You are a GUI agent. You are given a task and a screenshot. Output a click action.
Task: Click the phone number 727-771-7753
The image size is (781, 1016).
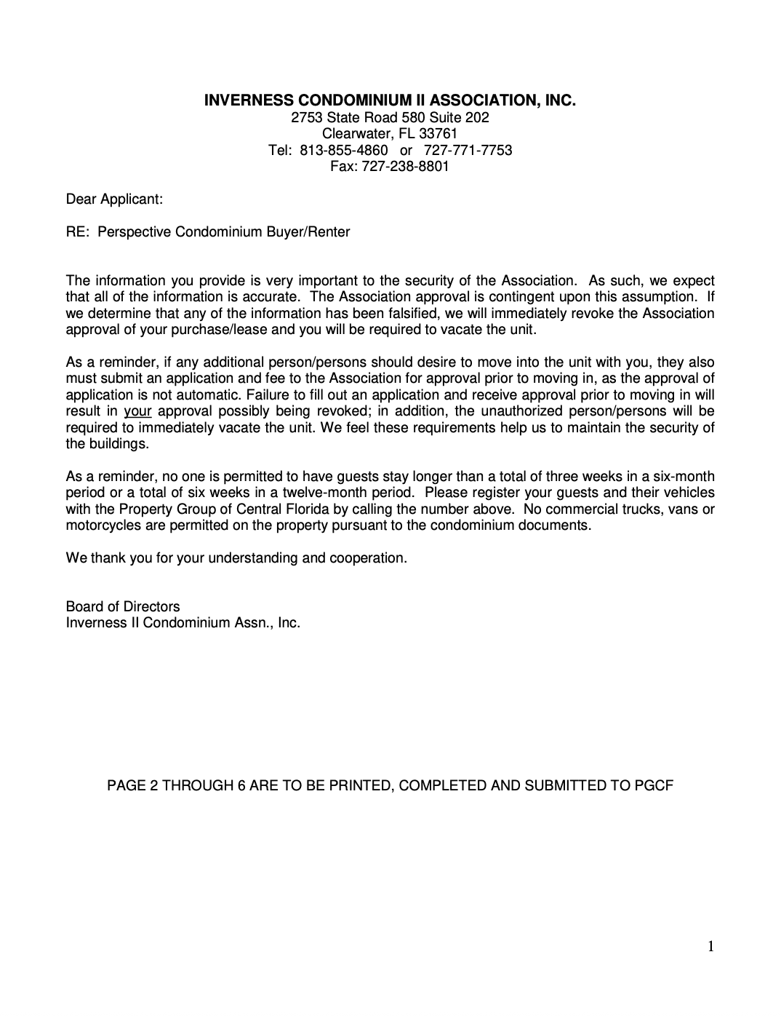(x=473, y=150)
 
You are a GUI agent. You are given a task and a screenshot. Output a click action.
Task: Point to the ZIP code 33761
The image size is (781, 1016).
(x=438, y=134)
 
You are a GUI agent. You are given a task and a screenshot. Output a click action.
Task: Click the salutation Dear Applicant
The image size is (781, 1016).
(x=114, y=199)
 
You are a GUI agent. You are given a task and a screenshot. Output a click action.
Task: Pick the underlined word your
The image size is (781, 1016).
(x=137, y=411)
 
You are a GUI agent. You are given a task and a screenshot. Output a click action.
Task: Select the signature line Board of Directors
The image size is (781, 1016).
(x=123, y=607)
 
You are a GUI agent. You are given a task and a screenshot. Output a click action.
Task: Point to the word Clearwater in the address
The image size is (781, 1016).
(x=353, y=134)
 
